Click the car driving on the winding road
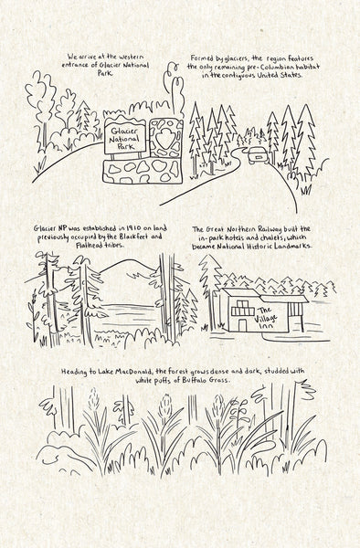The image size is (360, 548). [x=258, y=155]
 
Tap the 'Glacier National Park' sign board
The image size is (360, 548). [x=125, y=139]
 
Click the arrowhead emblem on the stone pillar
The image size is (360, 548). [x=164, y=139]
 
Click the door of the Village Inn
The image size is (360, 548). [x=242, y=325]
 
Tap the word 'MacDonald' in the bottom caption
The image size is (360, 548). [x=132, y=371]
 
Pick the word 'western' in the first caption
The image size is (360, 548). [x=131, y=57]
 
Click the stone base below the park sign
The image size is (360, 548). [x=143, y=172]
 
